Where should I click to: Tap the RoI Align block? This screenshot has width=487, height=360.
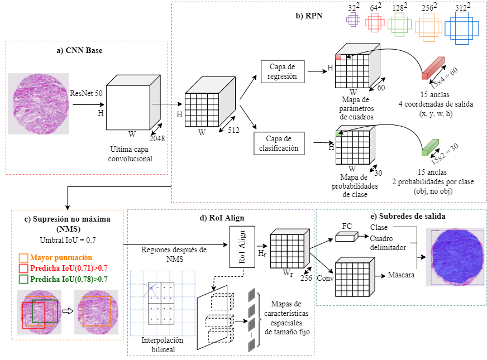pos(242,246)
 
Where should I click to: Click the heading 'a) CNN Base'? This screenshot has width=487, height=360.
pos(79,51)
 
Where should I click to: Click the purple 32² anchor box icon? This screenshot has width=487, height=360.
pos(354,20)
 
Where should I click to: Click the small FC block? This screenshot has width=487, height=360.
pos(345,237)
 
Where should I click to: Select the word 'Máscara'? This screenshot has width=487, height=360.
pos(401,275)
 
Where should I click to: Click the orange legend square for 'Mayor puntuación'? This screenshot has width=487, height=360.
pos(23,258)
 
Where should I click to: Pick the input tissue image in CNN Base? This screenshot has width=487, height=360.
pos(39,104)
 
